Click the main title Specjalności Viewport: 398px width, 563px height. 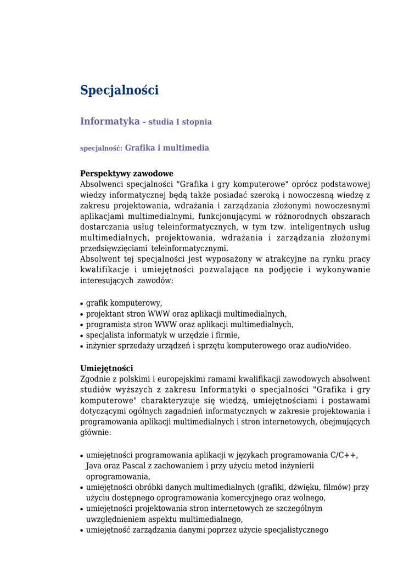tap(119, 90)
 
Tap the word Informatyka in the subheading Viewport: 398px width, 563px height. tap(110, 121)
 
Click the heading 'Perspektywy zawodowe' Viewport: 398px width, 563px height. tap(127, 173)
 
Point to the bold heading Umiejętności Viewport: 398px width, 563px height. tap(106, 368)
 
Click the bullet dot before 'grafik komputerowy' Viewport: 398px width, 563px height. tap(82, 303)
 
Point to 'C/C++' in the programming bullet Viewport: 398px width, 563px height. tap(343, 455)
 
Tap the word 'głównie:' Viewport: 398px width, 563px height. tap(96, 432)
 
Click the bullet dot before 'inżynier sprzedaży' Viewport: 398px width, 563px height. tap(82, 346)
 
